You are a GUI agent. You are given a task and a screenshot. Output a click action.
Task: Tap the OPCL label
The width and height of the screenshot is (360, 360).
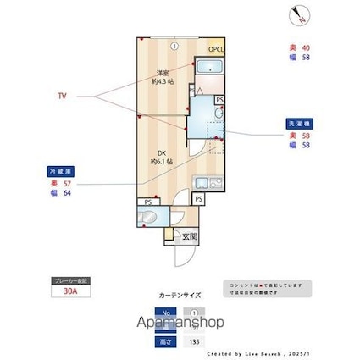coord(215,49)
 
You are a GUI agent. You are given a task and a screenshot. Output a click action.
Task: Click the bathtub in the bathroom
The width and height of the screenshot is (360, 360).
coord(208,69)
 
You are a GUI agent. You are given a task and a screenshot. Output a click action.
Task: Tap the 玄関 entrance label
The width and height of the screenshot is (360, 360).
coord(188,236)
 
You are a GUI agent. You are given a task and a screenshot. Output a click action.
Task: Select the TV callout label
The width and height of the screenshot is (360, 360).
coord(62,97)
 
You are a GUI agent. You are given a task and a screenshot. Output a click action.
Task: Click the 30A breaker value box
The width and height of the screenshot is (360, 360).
coord(70,291)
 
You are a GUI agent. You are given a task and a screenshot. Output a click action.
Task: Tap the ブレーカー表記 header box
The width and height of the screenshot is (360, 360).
coord(70,280)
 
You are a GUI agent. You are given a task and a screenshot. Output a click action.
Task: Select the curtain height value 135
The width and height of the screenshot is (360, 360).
coord(196,341)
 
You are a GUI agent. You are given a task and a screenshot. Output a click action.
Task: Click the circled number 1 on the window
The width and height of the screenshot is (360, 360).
coord(172,45)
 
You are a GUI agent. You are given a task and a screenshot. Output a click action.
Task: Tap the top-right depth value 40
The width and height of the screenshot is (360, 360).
coord(307,47)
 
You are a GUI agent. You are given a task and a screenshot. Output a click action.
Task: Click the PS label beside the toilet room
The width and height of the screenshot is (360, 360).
coord(148,202)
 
